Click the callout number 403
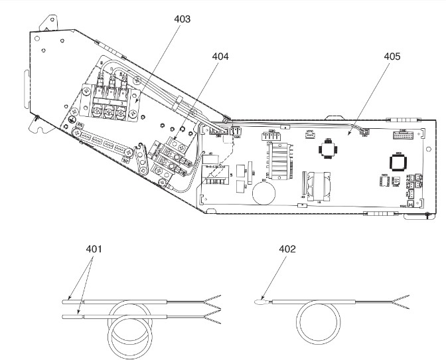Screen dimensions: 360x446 (182, 19)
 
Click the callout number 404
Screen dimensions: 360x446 (220, 57)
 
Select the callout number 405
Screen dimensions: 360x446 (392, 57)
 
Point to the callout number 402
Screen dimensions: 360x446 (287, 250)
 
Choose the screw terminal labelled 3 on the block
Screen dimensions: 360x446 (121, 111)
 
